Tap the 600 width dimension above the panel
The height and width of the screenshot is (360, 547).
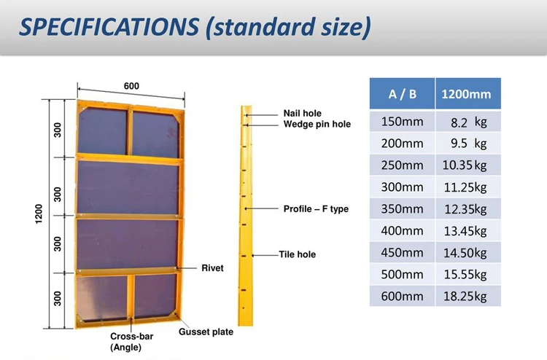[x=131, y=86]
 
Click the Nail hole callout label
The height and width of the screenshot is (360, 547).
[x=302, y=114]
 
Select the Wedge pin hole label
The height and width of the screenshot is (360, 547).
[x=317, y=125]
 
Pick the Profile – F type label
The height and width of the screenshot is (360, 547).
[x=316, y=209]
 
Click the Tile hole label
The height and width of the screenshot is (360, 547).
[x=297, y=255]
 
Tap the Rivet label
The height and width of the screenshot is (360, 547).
[x=212, y=268]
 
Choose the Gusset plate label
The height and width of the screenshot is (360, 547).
[x=206, y=332]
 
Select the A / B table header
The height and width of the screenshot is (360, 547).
[x=403, y=94]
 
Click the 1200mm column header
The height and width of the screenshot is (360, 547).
[x=468, y=94]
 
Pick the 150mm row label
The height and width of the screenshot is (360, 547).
[x=402, y=122]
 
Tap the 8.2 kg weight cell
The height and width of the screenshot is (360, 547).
[x=468, y=122]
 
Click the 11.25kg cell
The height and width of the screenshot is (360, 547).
[x=468, y=187]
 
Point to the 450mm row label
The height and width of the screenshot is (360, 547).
[x=402, y=253]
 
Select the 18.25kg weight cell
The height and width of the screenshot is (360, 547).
[x=468, y=296]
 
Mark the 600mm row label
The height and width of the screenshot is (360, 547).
[x=402, y=296]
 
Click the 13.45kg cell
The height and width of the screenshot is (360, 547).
[x=468, y=231]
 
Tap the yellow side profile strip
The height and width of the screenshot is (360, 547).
[x=247, y=219]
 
